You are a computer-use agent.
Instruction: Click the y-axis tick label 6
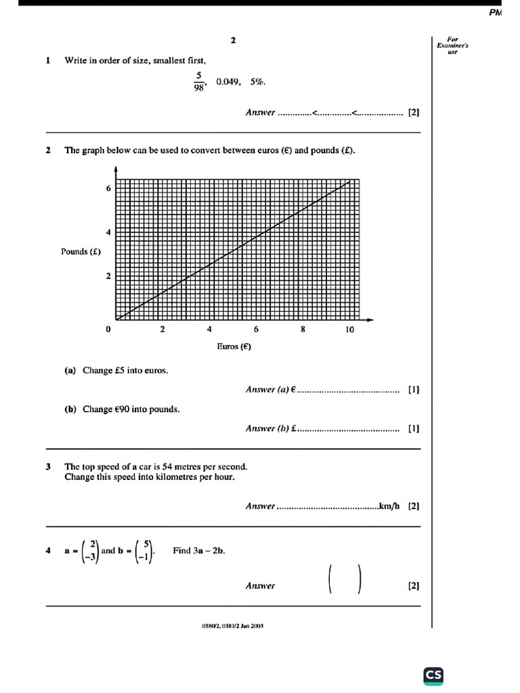tap(108, 189)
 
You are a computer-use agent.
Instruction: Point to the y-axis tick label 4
tap(108, 232)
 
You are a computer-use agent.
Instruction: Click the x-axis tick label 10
tap(349, 330)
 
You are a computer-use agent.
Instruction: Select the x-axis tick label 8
tap(303, 330)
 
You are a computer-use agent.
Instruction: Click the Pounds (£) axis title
tap(81, 252)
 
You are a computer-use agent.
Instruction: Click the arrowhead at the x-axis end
tap(370, 319)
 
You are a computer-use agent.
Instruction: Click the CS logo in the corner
tap(433, 675)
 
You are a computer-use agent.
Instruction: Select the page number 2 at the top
tap(233, 41)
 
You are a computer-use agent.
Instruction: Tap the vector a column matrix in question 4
tap(90, 550)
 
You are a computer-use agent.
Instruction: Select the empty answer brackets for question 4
tap(345, 580)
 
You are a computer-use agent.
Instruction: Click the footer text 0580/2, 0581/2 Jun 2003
tap(232, 626)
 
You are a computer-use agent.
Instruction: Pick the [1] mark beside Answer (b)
tap(414, 428)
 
